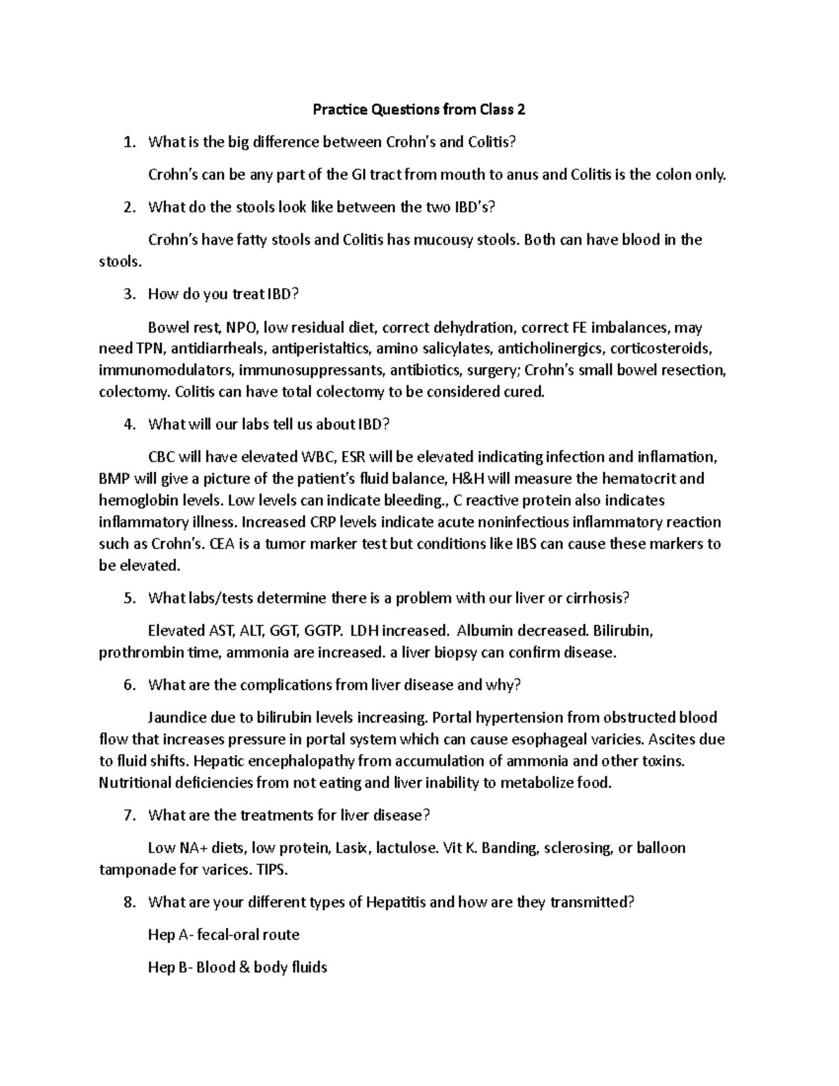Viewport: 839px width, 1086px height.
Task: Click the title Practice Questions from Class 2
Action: click(419, 110)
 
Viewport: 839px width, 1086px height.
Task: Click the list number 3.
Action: click(128, 294)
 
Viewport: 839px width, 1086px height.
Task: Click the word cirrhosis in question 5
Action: click(598, 598)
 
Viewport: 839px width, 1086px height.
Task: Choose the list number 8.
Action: click(128, 902)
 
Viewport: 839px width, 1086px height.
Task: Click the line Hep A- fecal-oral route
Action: click(224, 935)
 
